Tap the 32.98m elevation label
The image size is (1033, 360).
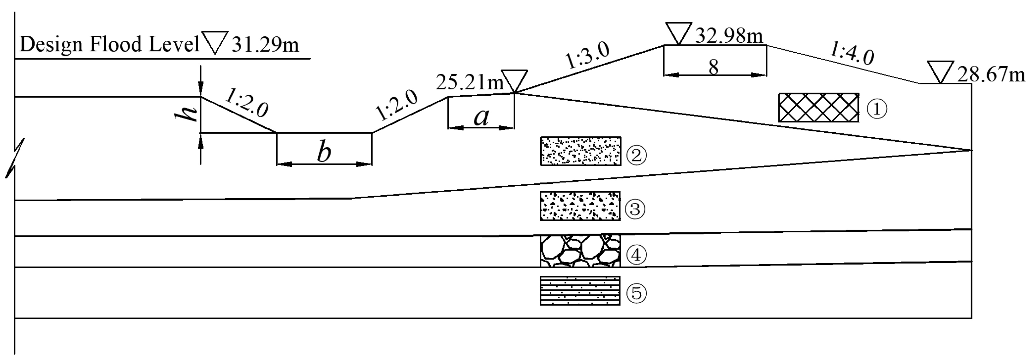click(x=728, y=36)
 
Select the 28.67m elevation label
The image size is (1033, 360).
click(x=991, y=75)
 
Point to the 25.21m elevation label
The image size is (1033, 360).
click(x=469, y=82)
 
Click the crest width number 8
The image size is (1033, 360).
click(x=713, y=67)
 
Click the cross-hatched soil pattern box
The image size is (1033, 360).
click(x=819, y=108)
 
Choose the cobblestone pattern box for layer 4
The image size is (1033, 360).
click(x=580, y=251)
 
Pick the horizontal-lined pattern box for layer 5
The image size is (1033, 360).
click(x=580, y=291)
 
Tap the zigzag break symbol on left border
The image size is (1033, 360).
click(x=15, y=157)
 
